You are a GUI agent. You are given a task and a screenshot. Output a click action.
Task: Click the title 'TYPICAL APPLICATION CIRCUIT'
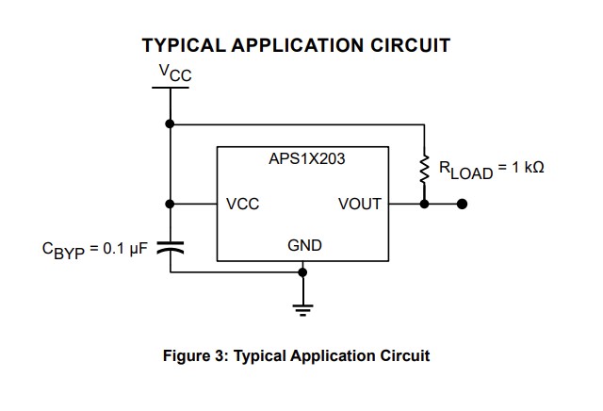[295, 45]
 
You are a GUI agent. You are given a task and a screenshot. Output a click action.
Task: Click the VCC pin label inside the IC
[243, 204]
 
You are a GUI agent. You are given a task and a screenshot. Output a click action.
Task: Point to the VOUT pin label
[359, 204]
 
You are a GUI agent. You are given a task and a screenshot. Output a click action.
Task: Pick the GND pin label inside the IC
[304, 245]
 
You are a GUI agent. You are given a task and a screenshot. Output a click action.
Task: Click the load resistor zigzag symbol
[424, 171]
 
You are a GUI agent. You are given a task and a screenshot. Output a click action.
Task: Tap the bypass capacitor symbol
[170, 247]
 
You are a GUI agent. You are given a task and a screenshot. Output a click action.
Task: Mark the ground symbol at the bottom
[302, 307]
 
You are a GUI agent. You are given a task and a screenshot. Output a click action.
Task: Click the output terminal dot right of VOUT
[462, 203]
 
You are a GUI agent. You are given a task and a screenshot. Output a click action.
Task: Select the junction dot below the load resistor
[424, 203]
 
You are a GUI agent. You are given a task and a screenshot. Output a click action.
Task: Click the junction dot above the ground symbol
[302, 272]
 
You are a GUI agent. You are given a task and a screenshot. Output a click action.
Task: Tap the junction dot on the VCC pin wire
[170, 203]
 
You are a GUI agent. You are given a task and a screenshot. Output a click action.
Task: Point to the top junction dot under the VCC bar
[170, 123]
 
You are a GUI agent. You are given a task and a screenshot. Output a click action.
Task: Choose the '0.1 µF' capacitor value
[126, 249]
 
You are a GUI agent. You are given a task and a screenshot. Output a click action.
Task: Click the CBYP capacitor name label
[62, 251]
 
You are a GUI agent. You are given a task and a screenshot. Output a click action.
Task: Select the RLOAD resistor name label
[465, 170]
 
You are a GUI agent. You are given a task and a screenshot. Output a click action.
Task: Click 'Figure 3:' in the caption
[195, 356]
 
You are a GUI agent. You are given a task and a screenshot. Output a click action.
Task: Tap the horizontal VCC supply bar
[170, 88]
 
